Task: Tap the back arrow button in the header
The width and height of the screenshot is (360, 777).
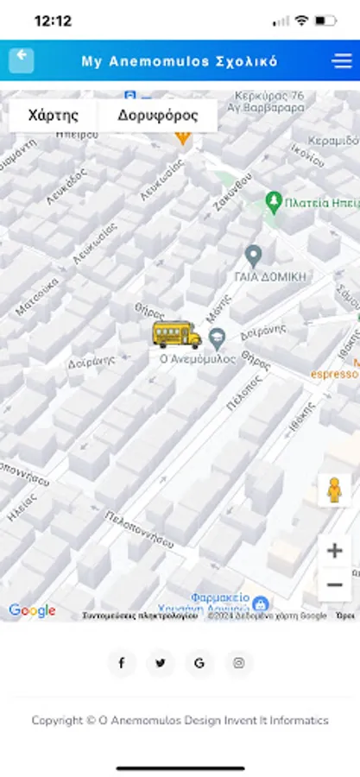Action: click(x=22, y=60)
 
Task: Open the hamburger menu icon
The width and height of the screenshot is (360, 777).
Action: click(x=342, y=60)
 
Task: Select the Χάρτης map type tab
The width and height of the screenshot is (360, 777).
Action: click(x=54, y=115)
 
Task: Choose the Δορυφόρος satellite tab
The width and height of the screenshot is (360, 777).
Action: click(x=157, y=115)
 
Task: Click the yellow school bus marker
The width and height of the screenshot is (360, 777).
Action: click(x=176, y=333)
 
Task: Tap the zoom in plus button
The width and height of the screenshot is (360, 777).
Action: click(x=334, y=550)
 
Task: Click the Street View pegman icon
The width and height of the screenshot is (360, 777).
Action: click(x=334, y=490)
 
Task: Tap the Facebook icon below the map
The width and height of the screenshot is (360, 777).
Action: click(x=122, y=663)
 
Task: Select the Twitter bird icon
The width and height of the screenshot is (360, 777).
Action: click(x=161, y=663)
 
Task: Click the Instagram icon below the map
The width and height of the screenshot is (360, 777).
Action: click(x=239, y=663)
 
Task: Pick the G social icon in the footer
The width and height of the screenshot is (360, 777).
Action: click(x=199, y=663)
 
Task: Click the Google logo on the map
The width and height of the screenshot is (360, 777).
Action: click(x=32, y=610)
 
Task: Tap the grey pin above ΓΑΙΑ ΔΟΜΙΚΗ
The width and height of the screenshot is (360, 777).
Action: click(x=253, y=256)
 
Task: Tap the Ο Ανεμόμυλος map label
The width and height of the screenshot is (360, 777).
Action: click(x=197, y=359)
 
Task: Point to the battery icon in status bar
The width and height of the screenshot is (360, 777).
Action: click(x=325, y=21)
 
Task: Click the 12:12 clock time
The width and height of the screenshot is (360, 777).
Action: click(x=53, y=21)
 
